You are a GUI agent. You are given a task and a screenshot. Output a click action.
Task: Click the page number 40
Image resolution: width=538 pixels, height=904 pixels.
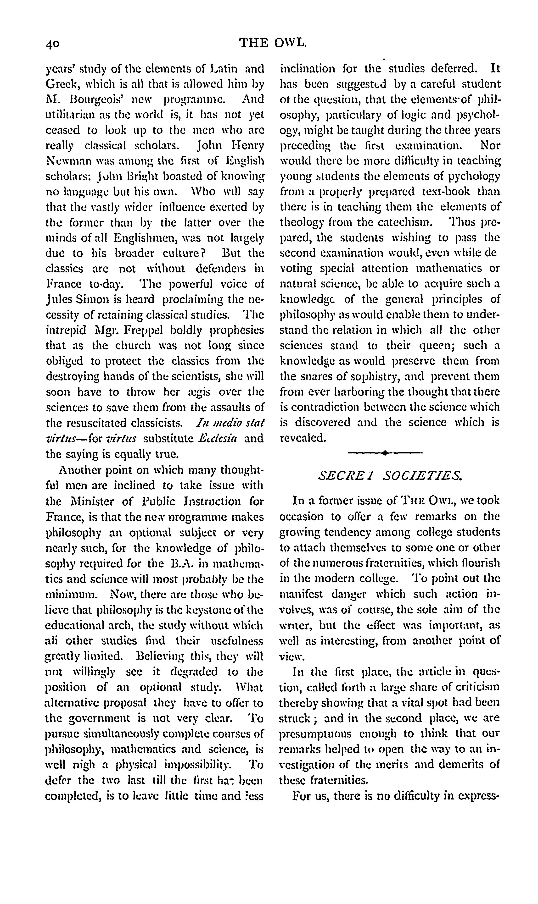tap(53, 44)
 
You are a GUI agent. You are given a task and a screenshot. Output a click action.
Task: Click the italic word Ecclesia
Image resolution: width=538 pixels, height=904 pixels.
tap(218, 438)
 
